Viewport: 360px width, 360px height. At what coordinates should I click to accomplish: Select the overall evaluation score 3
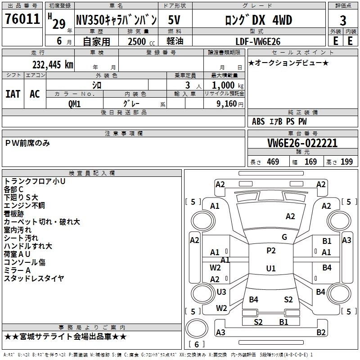343,20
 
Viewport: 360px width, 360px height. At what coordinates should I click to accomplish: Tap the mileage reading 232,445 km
53,65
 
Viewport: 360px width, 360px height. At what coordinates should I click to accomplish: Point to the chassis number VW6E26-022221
302,143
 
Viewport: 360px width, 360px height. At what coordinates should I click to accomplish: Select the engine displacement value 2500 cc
137,41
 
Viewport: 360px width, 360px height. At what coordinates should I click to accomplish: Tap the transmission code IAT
13,94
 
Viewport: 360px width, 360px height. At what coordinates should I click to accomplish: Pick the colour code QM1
74,103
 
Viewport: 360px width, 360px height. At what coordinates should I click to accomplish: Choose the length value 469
272,162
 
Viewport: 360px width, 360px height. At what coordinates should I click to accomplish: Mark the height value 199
346,162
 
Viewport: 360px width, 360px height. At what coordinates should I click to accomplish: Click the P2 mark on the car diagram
271,251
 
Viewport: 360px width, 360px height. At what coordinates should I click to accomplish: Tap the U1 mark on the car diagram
271,269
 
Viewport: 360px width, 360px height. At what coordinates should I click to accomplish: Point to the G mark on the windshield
284,237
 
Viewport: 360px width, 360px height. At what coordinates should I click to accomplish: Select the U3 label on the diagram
221,292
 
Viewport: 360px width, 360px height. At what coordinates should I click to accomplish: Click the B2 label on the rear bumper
321,333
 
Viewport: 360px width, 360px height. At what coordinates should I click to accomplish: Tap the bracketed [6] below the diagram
197,344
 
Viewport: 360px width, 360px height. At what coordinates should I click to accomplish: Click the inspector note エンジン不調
24,206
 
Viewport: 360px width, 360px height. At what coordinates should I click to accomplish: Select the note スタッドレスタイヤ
34,279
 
